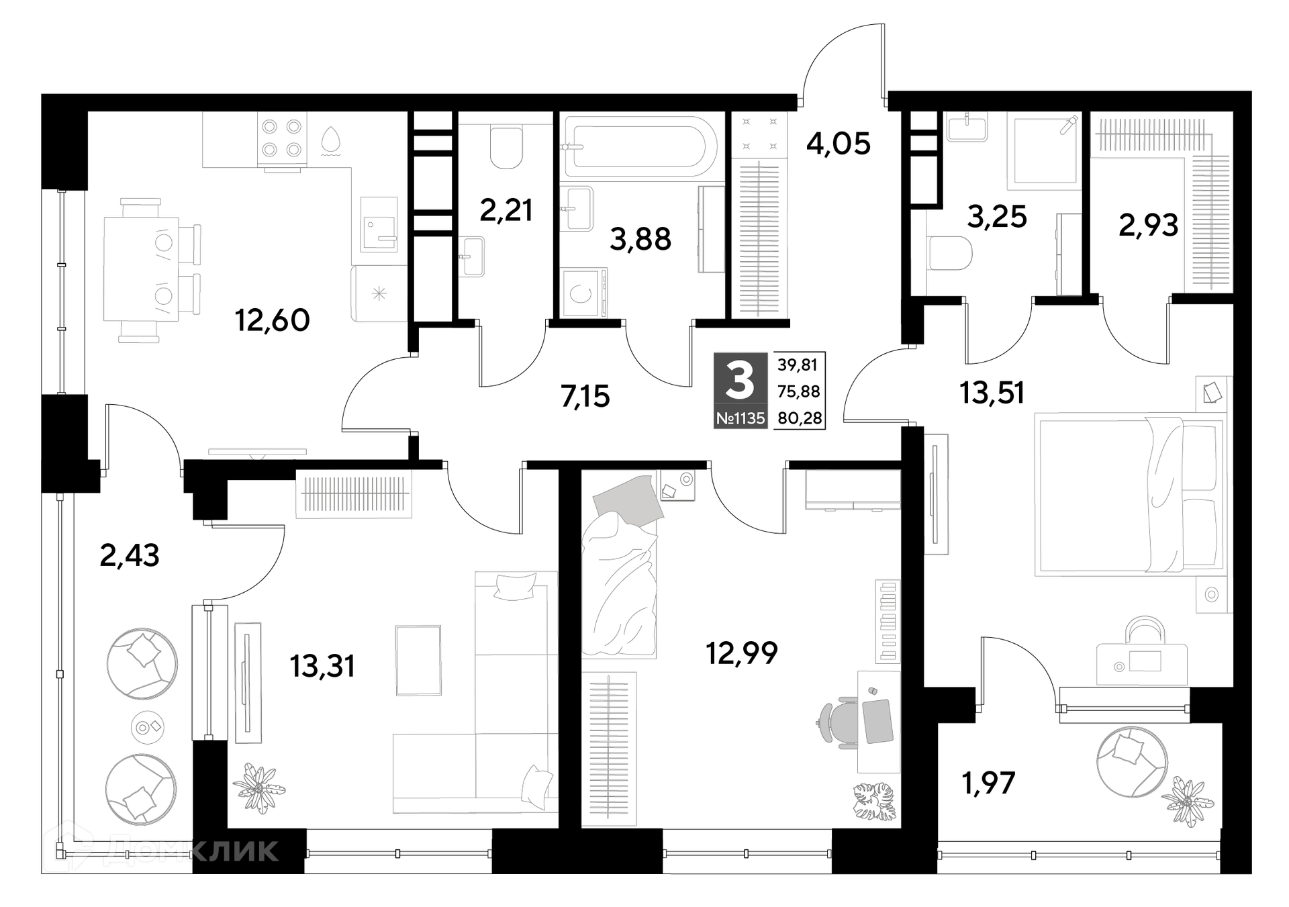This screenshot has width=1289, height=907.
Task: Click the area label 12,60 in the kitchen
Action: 273,320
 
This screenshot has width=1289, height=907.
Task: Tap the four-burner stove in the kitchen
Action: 282,138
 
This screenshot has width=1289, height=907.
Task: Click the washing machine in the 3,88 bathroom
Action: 584,292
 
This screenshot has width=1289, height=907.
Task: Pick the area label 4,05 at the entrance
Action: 838,144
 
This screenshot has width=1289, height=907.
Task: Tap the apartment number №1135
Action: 740,418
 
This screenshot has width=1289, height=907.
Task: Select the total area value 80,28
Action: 799,418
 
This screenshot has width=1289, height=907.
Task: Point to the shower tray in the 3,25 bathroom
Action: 1044,152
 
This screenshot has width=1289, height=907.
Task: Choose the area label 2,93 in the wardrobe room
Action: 1148,226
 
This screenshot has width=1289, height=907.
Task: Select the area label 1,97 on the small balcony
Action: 988,783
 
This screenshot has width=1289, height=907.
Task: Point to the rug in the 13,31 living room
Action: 418,660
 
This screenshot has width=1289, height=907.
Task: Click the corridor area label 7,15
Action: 585,397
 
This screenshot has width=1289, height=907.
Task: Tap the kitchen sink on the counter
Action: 379,224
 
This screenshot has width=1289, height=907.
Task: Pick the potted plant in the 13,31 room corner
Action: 258,787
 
